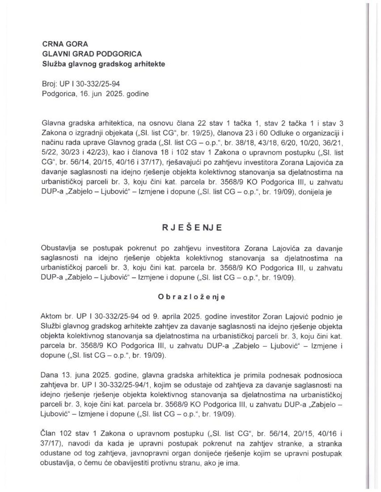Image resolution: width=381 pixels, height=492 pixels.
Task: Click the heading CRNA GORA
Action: click(x=65, y=44)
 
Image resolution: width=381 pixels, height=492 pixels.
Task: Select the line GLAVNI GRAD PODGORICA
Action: click(x=92, y=54)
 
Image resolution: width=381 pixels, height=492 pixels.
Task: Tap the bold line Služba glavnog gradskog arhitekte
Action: click(x=103, y=64)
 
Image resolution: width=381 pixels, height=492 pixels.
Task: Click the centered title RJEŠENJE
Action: click(x=192, y=227)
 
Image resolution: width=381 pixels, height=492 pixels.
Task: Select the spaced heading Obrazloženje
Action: click(x=192, y=297)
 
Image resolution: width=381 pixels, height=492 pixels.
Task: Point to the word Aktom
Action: click(x=51, y=317)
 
